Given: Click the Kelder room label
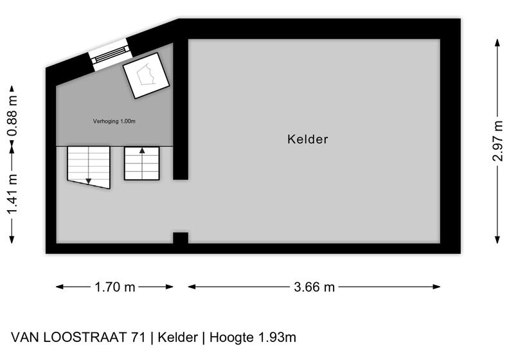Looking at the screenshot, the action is click(307, 139).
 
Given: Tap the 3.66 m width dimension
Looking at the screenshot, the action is click(314, 287).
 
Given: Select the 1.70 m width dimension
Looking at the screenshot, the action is click(114, 287).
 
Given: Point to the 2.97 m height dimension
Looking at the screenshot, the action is click(497, 141).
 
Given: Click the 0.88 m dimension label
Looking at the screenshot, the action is click(12, 116).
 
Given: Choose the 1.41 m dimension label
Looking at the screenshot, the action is click(12, 194).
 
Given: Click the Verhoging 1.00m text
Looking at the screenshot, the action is click(114, 122).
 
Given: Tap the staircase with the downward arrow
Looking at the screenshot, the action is click(89, 167).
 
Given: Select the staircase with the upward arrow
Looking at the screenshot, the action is click(142, 163).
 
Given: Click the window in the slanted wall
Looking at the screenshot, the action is click(109, 54).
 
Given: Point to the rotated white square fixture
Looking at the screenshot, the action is click(146, 75).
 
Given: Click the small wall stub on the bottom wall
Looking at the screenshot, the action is click(181, 238).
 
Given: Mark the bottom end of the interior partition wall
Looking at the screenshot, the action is click(181, 179).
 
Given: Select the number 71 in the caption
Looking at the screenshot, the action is click(138, 337).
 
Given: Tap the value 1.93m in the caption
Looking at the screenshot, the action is click(277, 337).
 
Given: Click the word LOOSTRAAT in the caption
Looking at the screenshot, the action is click(84, 337).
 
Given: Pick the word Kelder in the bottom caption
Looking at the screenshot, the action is click(177, 337).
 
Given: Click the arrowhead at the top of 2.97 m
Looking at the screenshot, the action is click(497, 42).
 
